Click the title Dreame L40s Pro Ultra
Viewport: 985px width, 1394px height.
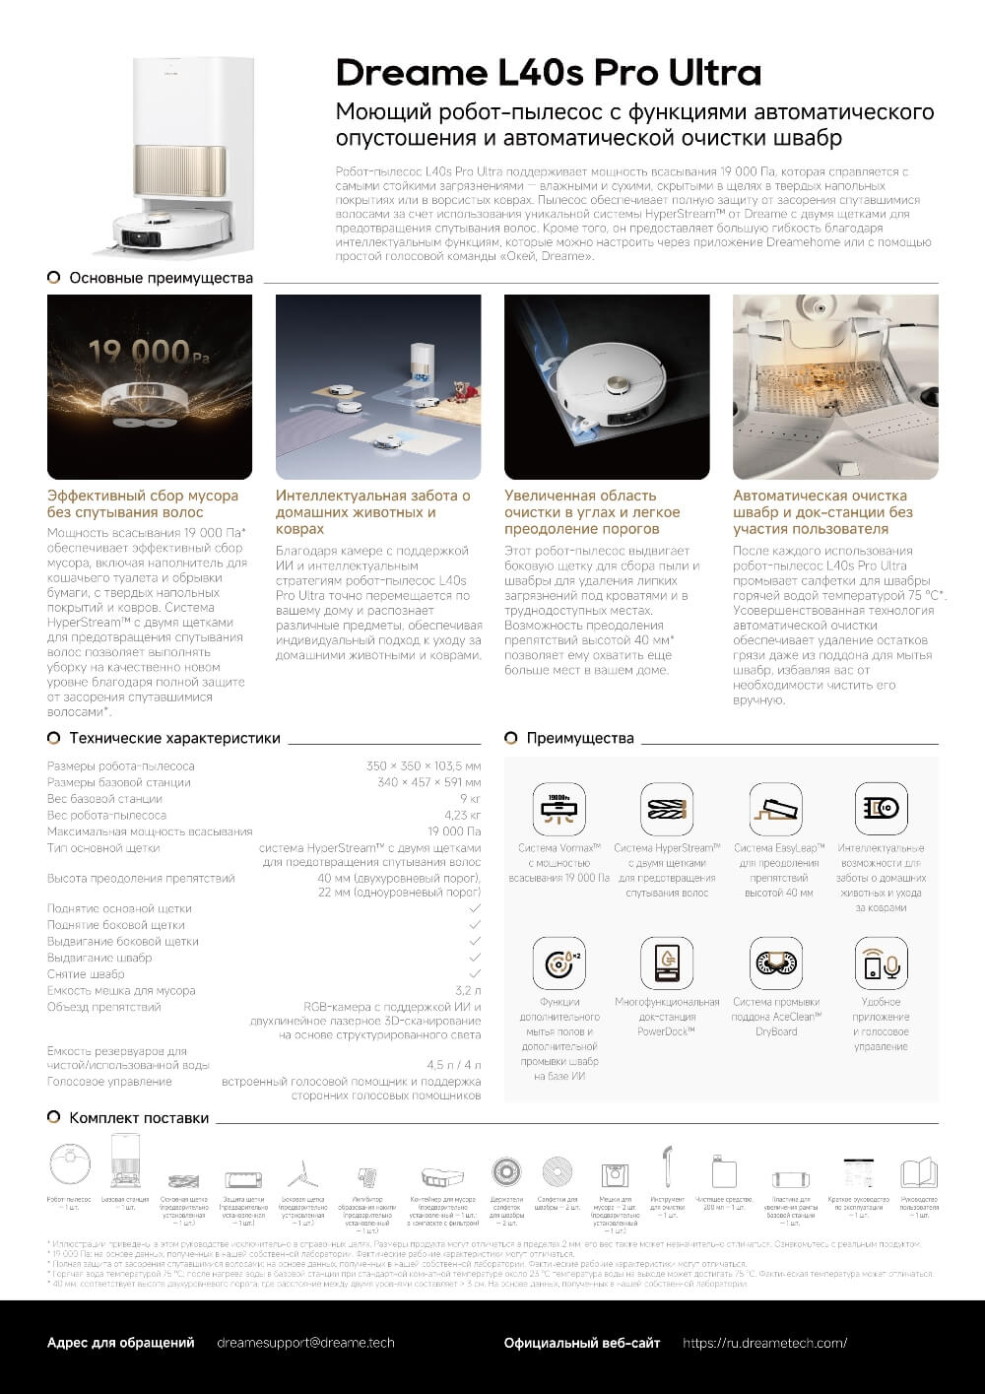pyautogui.click(x=549, y=73)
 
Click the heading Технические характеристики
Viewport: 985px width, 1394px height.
pyautogui.click(x=174, y=738)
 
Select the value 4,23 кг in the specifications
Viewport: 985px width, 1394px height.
pyautogui.click(x=462, y=815)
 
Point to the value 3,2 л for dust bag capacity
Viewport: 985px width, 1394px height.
pyautogui.click(x=468, y=990)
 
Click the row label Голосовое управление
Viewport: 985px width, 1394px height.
pyautogui.click(x=109, y=1081)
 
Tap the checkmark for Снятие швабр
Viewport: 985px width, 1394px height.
pyautogui.click(x=475, y=973)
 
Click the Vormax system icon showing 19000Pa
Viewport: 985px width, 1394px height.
pyautogui.click(x=558, y=810)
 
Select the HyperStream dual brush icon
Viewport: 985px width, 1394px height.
pyautogui.click(x=667, y=810)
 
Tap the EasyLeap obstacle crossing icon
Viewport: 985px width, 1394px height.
pyautogui.click(x=775, y=810)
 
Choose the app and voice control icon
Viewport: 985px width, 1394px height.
pyautogui.click(x=881, y=963)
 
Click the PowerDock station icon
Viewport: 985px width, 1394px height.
pyautogui.click(x=667, y=963)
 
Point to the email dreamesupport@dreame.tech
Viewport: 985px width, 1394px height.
pyautogui.click(x=305, y=1343)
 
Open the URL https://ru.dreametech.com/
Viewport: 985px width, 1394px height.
pyautogui.click(x=764, y=1343)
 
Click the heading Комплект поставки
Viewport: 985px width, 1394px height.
pyautogui.click(x=139, y=1118)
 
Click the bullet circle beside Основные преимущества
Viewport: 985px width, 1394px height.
pyautogui.click(x=54, y=278)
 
